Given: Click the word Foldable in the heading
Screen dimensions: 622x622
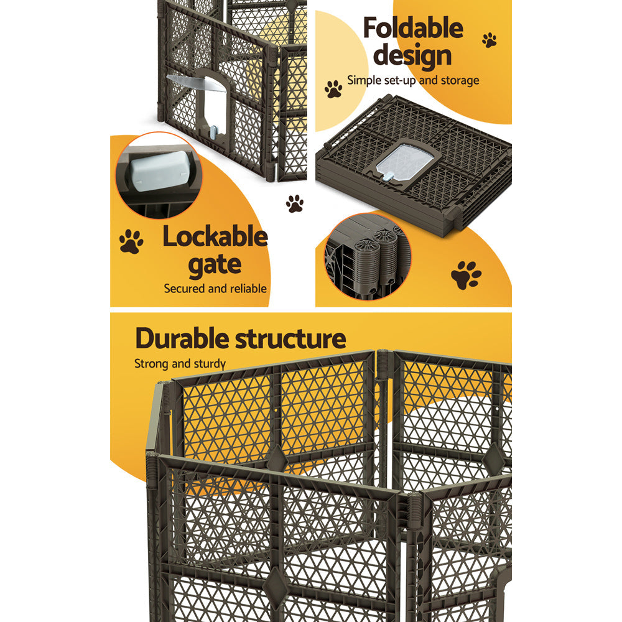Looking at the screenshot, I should [412, 29].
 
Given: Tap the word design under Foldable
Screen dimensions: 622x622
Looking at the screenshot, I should [412, 56].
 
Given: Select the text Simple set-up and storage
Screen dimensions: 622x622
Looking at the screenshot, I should [413, 80].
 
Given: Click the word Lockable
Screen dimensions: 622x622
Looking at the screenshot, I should [215, 238].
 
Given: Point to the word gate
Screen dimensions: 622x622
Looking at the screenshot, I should [215, 265].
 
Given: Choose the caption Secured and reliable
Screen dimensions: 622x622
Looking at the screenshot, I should [215, 289].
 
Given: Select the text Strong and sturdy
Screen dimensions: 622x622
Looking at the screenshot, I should [180, 364].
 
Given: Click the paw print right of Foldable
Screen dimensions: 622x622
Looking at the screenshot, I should [489, 40].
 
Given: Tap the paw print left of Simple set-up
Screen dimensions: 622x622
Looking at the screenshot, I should [333, 89].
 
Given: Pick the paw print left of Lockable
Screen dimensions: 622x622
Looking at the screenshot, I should [131, 241].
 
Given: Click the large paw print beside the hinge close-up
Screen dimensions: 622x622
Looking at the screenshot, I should [466, 275].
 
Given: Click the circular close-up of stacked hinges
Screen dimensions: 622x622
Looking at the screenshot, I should [367, 256].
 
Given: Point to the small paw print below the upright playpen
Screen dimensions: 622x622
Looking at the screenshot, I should [294, 203].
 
